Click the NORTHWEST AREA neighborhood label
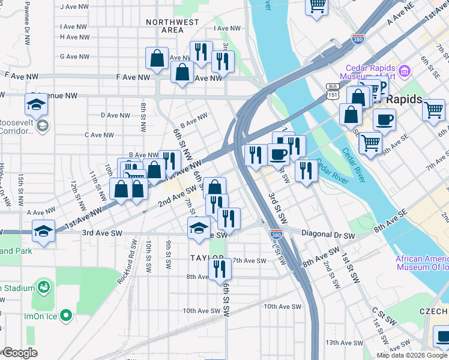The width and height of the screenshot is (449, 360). click(x=172, y=26)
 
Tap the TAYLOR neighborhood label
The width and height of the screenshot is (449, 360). click(x=206, y=257)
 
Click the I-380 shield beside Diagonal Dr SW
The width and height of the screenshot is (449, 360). click(x=276, y=235)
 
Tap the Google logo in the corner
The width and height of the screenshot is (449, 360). click(x=19, y=353)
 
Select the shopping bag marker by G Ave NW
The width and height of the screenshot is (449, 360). click(x=157, y=59)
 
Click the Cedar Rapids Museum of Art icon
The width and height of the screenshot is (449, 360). click(x=404, y=72)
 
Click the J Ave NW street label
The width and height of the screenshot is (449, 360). click(x=74, y=7)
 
